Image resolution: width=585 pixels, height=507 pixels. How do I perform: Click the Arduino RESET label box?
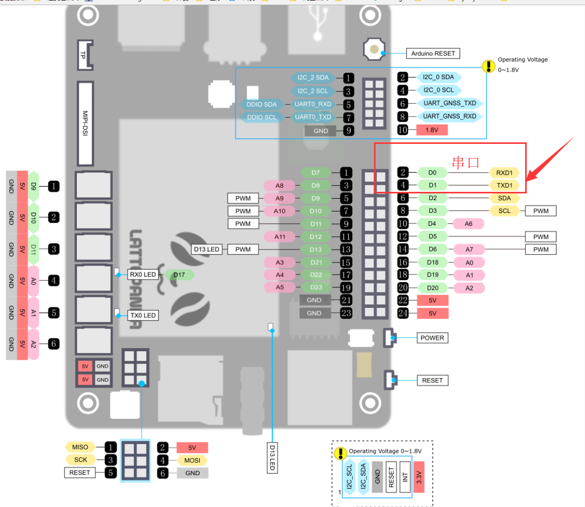pyautogui.click(x=432, y=53)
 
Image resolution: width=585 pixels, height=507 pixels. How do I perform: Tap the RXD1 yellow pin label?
pyautogui.click(x=504, y=172)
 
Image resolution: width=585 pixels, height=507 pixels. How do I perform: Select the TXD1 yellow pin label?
pyautogui.click(x=504, y=185)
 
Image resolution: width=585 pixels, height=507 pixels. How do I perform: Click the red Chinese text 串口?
pyautogui.click(x=466, y=162)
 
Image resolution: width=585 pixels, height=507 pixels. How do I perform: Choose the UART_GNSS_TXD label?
pyautogui.click(x=449, y=103)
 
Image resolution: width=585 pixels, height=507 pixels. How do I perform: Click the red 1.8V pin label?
pyautogui.click(x=432, y=130)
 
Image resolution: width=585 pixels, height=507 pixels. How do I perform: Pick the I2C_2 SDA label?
pyautogui.click(x=313, y=78)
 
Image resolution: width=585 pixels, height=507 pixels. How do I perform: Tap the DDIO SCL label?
pyautogui.click(x=262, y=117)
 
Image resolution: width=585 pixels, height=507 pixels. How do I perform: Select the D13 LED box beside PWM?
pyautogui.click(x=206, y=249)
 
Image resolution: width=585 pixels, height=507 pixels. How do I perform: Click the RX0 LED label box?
pyautogui.click(x=142, y=275)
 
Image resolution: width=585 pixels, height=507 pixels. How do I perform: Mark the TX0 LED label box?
pyautogui.click(x=142, y=315)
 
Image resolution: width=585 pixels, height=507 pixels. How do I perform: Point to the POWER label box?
pyautogui.click(x=432, y=338)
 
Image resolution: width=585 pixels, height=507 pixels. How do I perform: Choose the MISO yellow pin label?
pyautogui.click(x=80, y=447)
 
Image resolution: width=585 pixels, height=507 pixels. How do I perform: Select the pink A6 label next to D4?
pyautogui.click(x=468, y=223)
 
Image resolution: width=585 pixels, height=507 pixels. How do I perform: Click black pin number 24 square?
pyautogui.click(x=403, y=313)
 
